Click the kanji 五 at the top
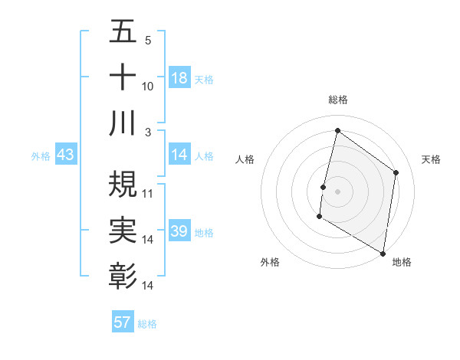(123, 32)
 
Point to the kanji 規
(123, 183)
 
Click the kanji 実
(123, 229)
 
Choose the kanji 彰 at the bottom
(123, 275)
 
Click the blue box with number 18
(179, 78)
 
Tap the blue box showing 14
(179, 155)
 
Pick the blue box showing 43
(66, 155)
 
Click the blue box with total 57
(123, 322)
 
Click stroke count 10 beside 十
(148, 87)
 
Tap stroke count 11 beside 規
(148, 193)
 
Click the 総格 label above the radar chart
(338, 100)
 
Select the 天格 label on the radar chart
(431, 159)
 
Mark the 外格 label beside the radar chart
(270, 262)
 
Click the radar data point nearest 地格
(383, 253)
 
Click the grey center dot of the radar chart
(337, 191)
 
